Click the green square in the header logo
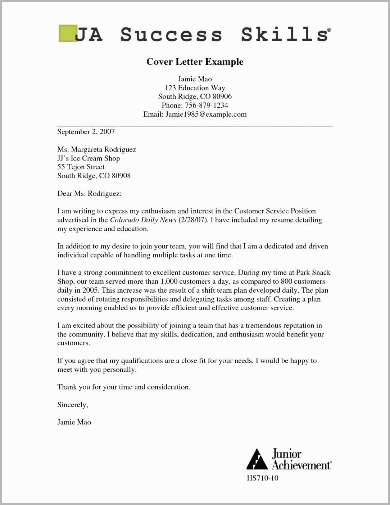click(x=68, y=33)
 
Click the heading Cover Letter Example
click(x=195, y=62)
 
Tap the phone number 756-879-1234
click(x=206, y=105)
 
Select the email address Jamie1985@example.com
click(x=206, y=114)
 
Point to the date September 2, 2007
click(x=86, y=132)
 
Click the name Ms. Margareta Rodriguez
click(x=96, y=149)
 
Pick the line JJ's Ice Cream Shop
click(x=89, y=158)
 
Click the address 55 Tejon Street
click(x=81, y=167)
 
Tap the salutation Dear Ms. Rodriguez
click(x=89, y=194)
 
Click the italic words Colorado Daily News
click(x=143, y=220)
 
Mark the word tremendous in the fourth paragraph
click(x=263, y=326)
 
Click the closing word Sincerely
click(x=72, y=405)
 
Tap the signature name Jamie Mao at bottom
click(x=74, y=422)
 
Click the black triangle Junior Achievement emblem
click(x=257, y=459)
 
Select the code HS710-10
click(x=262, y=478)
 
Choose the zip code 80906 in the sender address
click(x=222, y=96)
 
